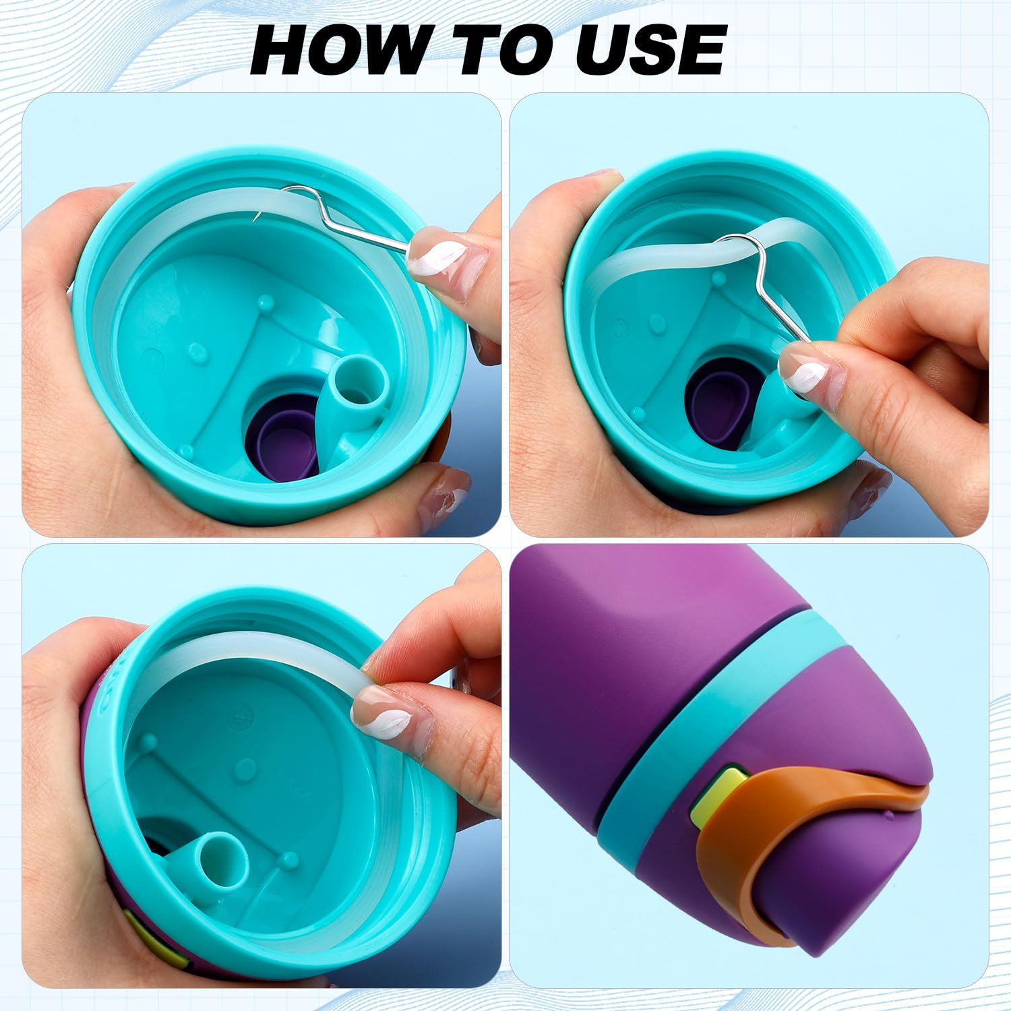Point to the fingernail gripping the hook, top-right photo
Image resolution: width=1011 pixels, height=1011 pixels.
click(x=805, y=374)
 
